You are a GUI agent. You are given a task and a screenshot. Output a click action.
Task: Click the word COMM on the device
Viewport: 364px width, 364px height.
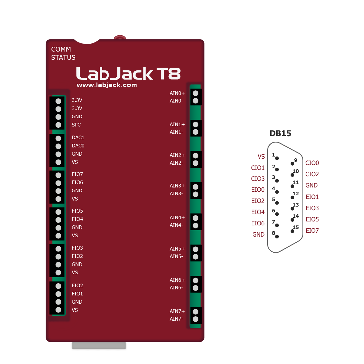click(61, 49)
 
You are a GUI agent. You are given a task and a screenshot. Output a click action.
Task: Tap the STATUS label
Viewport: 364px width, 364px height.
click(63, 58)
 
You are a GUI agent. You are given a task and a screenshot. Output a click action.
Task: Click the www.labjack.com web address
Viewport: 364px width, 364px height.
click(106, 85)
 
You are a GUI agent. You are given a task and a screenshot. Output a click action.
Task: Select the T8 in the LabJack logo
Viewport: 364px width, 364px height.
click(168, 73)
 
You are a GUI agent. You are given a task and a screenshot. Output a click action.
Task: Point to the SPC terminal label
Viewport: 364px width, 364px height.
click(76, 125)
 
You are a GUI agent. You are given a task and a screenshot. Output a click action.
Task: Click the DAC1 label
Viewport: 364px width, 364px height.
click(78, 137)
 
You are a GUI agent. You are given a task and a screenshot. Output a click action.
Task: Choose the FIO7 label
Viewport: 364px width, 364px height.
click(77, 174)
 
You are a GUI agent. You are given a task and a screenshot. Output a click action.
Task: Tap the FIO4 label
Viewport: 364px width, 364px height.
click(77, 219)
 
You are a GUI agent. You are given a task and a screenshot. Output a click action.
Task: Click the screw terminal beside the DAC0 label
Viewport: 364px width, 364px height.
click(58, 146)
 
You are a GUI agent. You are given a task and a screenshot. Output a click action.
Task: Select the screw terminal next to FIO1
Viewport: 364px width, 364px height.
click(58, 294)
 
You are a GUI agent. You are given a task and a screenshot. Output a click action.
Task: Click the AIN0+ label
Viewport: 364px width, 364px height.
click(177, 93)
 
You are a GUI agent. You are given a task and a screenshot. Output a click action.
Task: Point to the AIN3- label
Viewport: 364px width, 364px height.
click(176, 194)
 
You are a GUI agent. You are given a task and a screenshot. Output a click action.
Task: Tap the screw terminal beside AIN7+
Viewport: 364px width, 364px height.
click(196, 312)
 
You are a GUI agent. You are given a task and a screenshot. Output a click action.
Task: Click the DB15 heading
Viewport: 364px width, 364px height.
click(280, 133)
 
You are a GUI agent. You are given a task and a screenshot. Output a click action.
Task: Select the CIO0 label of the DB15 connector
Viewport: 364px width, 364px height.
click(312, 163)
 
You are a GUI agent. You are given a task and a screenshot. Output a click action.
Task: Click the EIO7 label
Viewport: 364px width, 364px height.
click(312, 231)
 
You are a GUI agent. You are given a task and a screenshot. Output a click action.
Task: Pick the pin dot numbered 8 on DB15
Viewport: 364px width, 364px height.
click(277, 236)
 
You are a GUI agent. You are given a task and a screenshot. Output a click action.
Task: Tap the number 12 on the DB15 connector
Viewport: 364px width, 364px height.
click(296, 194)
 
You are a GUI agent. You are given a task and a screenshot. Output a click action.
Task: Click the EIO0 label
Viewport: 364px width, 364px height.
click(258, 190)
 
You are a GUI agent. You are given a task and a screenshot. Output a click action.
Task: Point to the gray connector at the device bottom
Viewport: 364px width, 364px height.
click(99, 346)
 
